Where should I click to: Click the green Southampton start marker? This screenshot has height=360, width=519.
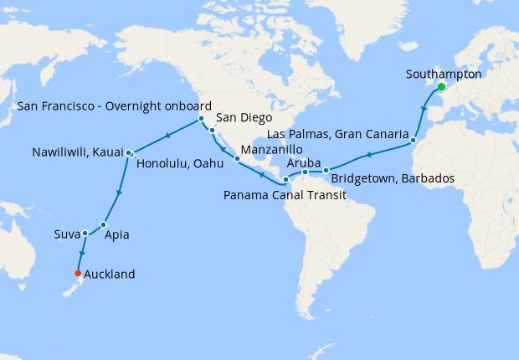tap(440, 86)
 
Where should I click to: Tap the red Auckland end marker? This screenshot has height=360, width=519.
tap(78, 274)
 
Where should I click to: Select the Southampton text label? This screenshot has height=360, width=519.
tap(444, 74)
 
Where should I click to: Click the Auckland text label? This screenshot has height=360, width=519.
tap(108, 274)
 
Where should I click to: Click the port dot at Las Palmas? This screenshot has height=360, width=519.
tap(413, 141)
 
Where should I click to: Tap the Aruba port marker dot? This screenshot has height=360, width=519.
tap(306, 172)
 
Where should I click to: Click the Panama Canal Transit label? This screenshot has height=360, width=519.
tap(285, 195)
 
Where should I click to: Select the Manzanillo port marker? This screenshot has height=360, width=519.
tap(237, 158)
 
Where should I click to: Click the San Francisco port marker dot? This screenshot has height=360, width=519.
tap(202, 119)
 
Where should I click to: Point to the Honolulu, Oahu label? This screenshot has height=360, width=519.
tap(174, 163)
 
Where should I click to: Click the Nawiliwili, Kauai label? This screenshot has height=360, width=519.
tap(78, 153)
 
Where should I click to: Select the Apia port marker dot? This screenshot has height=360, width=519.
tap(104, 224)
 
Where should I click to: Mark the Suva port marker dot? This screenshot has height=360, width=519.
tap(85, 233)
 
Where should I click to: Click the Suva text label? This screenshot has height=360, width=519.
tap(67, 233)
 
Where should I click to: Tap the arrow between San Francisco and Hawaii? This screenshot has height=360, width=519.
tap(167, 135)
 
